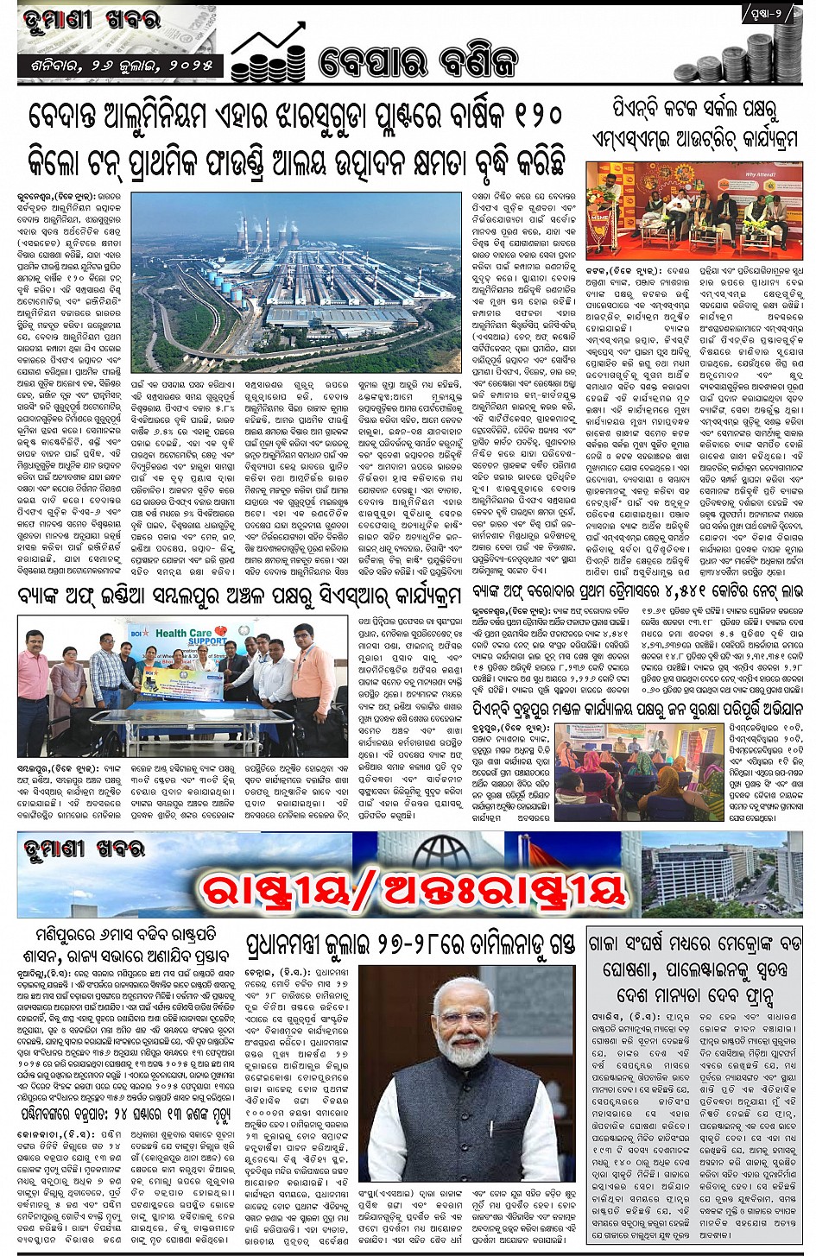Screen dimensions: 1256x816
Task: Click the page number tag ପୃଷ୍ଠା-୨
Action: click(762, 14)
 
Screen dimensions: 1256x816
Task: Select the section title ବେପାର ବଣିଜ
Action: click(418, 62)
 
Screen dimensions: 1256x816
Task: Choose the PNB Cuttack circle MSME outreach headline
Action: click(694, 125)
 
